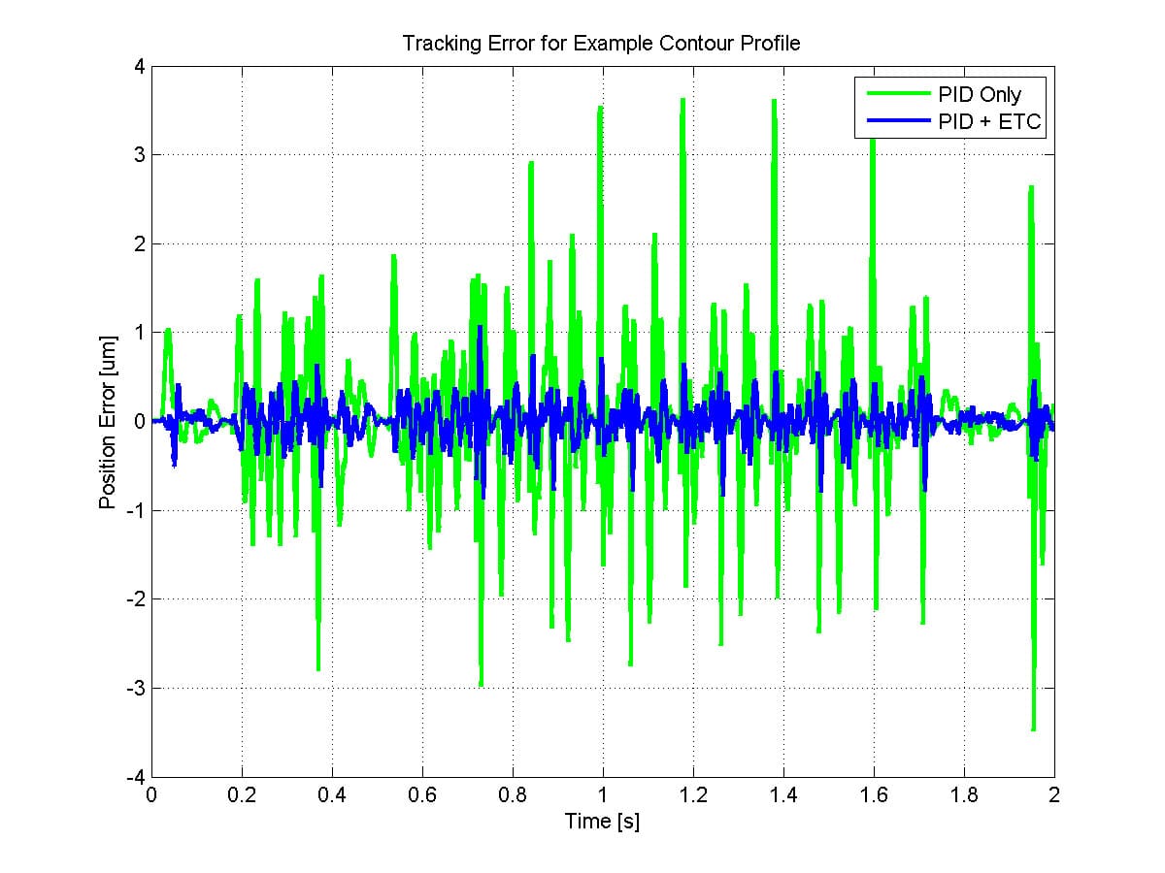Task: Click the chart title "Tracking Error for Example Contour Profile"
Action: [x=602, y=45]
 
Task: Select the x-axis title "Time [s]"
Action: [x=602, y=822]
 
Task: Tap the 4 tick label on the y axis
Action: [x=138, y=67]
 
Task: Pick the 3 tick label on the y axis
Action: [x=138, y=155]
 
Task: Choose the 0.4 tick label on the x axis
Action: [x=331, y=795]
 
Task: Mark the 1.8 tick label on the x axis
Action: [x=963, y=795]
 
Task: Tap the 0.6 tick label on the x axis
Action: [x=421, y=795]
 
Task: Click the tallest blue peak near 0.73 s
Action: [x=481, y=329]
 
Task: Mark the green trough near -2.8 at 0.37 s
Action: [x=318, y=669]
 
